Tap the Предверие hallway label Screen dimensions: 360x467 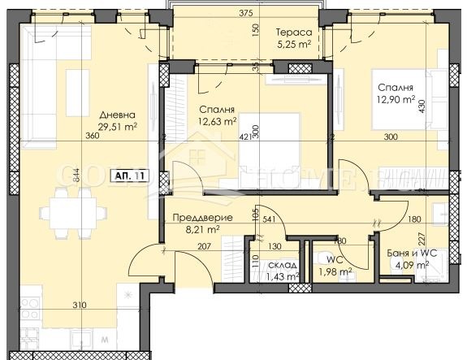point(203,218)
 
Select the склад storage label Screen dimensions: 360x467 point(282,266)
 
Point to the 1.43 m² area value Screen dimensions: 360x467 point(283,277)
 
